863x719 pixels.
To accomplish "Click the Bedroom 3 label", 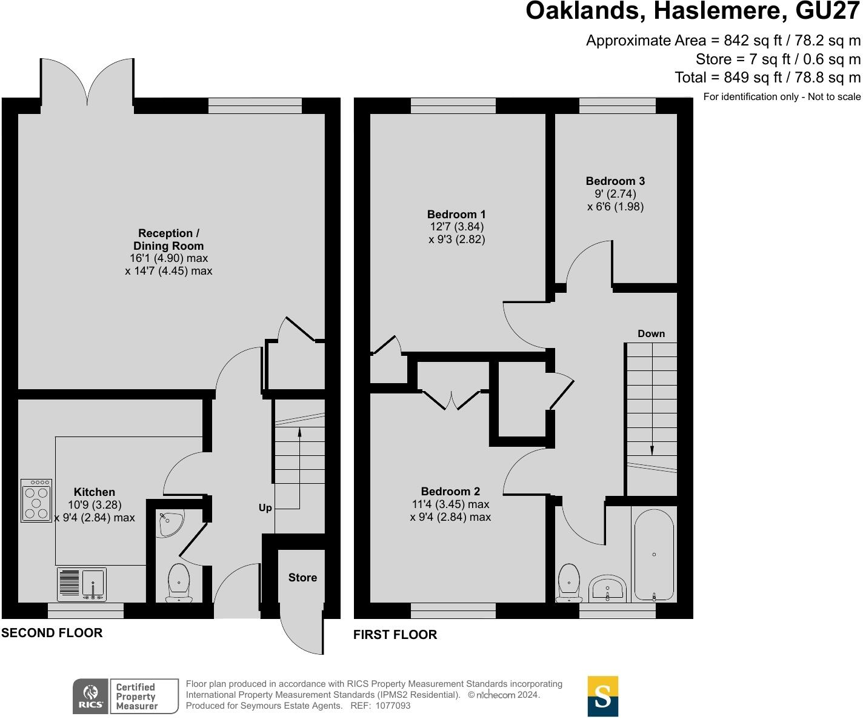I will (615, 181).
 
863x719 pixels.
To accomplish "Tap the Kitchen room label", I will (94, 492).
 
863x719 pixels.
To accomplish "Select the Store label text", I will (302, 577).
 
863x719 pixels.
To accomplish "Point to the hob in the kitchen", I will (36, 501).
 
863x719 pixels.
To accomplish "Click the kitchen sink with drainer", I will (82, 584).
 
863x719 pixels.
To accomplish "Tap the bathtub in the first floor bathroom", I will (654, 554).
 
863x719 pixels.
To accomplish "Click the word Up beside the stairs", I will (265, 507).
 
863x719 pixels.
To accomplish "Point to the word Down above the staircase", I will (651, 333).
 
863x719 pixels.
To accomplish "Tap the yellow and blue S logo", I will (603, 697).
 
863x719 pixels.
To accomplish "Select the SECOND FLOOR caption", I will (52, 633).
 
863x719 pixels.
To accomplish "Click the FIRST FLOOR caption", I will (395, 635).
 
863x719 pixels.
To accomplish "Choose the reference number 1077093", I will (393, 706).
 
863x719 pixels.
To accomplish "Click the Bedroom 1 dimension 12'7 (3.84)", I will (456, 227).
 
